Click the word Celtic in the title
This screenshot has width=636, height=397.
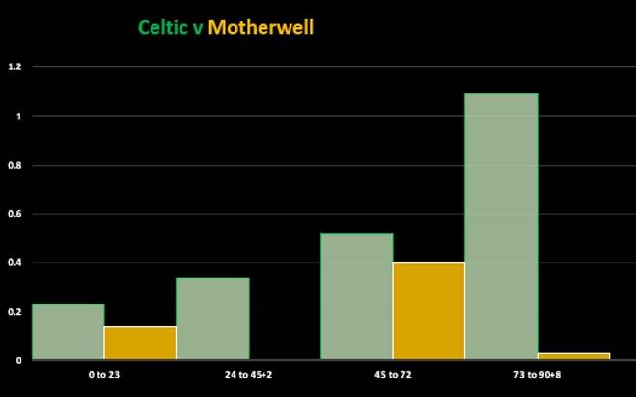(x=164, y=27)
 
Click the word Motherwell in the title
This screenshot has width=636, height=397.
(x=261, y=27)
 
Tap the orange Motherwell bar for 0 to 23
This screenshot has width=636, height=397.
(x=140, y=343)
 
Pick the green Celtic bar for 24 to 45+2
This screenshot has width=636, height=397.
(x=212, y=319)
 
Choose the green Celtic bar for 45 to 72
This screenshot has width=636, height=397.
(x=356, y=297)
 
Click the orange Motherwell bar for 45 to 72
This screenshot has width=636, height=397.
(x=429, y=311)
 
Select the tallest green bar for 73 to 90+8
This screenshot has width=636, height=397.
(x=501, y=226)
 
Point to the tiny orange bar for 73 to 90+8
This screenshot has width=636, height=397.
(x=573, y=357)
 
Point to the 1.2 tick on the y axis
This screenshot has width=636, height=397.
(x=14, y=67)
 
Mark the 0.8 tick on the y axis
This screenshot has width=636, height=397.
(x=14, y=165)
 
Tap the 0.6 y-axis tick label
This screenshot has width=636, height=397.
(x=14, y=214)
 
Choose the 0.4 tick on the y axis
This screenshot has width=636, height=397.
(x=14, y=263)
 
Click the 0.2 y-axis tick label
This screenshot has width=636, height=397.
(x=14, y=312)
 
